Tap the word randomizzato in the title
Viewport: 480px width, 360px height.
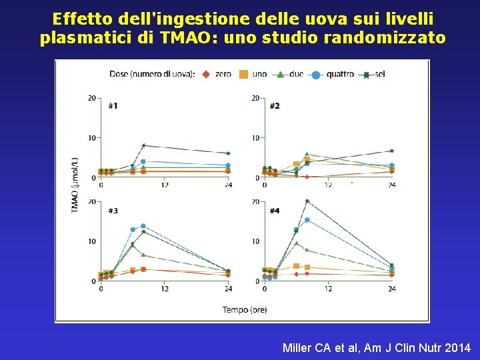[384, 38]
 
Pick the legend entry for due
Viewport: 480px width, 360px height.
[290, 74]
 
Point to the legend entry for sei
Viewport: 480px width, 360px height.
[373, 74]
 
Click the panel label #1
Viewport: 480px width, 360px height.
[113, 105]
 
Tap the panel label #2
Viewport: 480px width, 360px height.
[274, 105]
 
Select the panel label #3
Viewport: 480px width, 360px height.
[113, 211]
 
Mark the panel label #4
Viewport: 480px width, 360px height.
[274, 211]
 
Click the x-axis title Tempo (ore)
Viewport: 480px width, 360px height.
[244, 309]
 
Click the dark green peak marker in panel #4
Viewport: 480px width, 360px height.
[307, 201]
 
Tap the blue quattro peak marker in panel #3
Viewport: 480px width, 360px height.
[143, 226]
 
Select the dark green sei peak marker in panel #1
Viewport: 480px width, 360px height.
[143, 145]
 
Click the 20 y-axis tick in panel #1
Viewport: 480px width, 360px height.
[92, 98]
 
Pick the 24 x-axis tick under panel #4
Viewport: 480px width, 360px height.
[391, 289]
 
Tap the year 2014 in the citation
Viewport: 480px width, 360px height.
[457, 347]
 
